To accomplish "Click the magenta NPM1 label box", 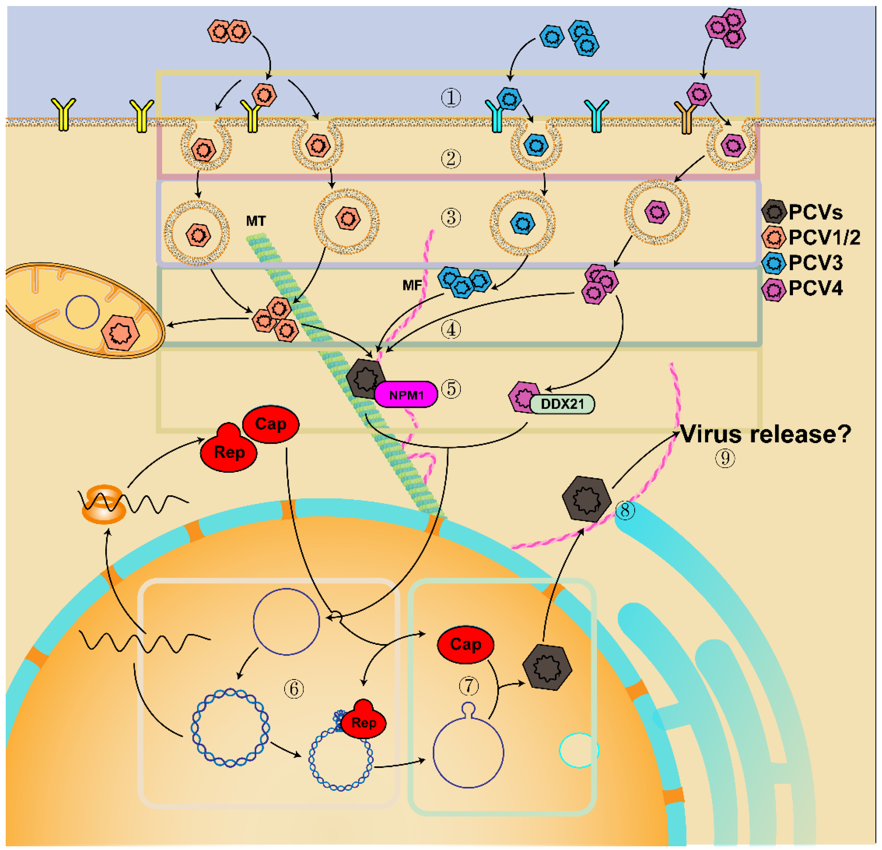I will click(406, 395).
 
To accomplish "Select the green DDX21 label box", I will click(562, 404).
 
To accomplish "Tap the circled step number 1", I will click(451, 98).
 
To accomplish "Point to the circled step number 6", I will click(294, 689).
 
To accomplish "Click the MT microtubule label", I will click(256, 221).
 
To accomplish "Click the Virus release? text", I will click(765, 434).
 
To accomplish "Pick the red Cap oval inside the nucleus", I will click(465, 644).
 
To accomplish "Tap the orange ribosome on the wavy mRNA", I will click(104, 504).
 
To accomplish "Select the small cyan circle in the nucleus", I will click(579, 750).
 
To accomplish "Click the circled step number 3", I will click(451, 218).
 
